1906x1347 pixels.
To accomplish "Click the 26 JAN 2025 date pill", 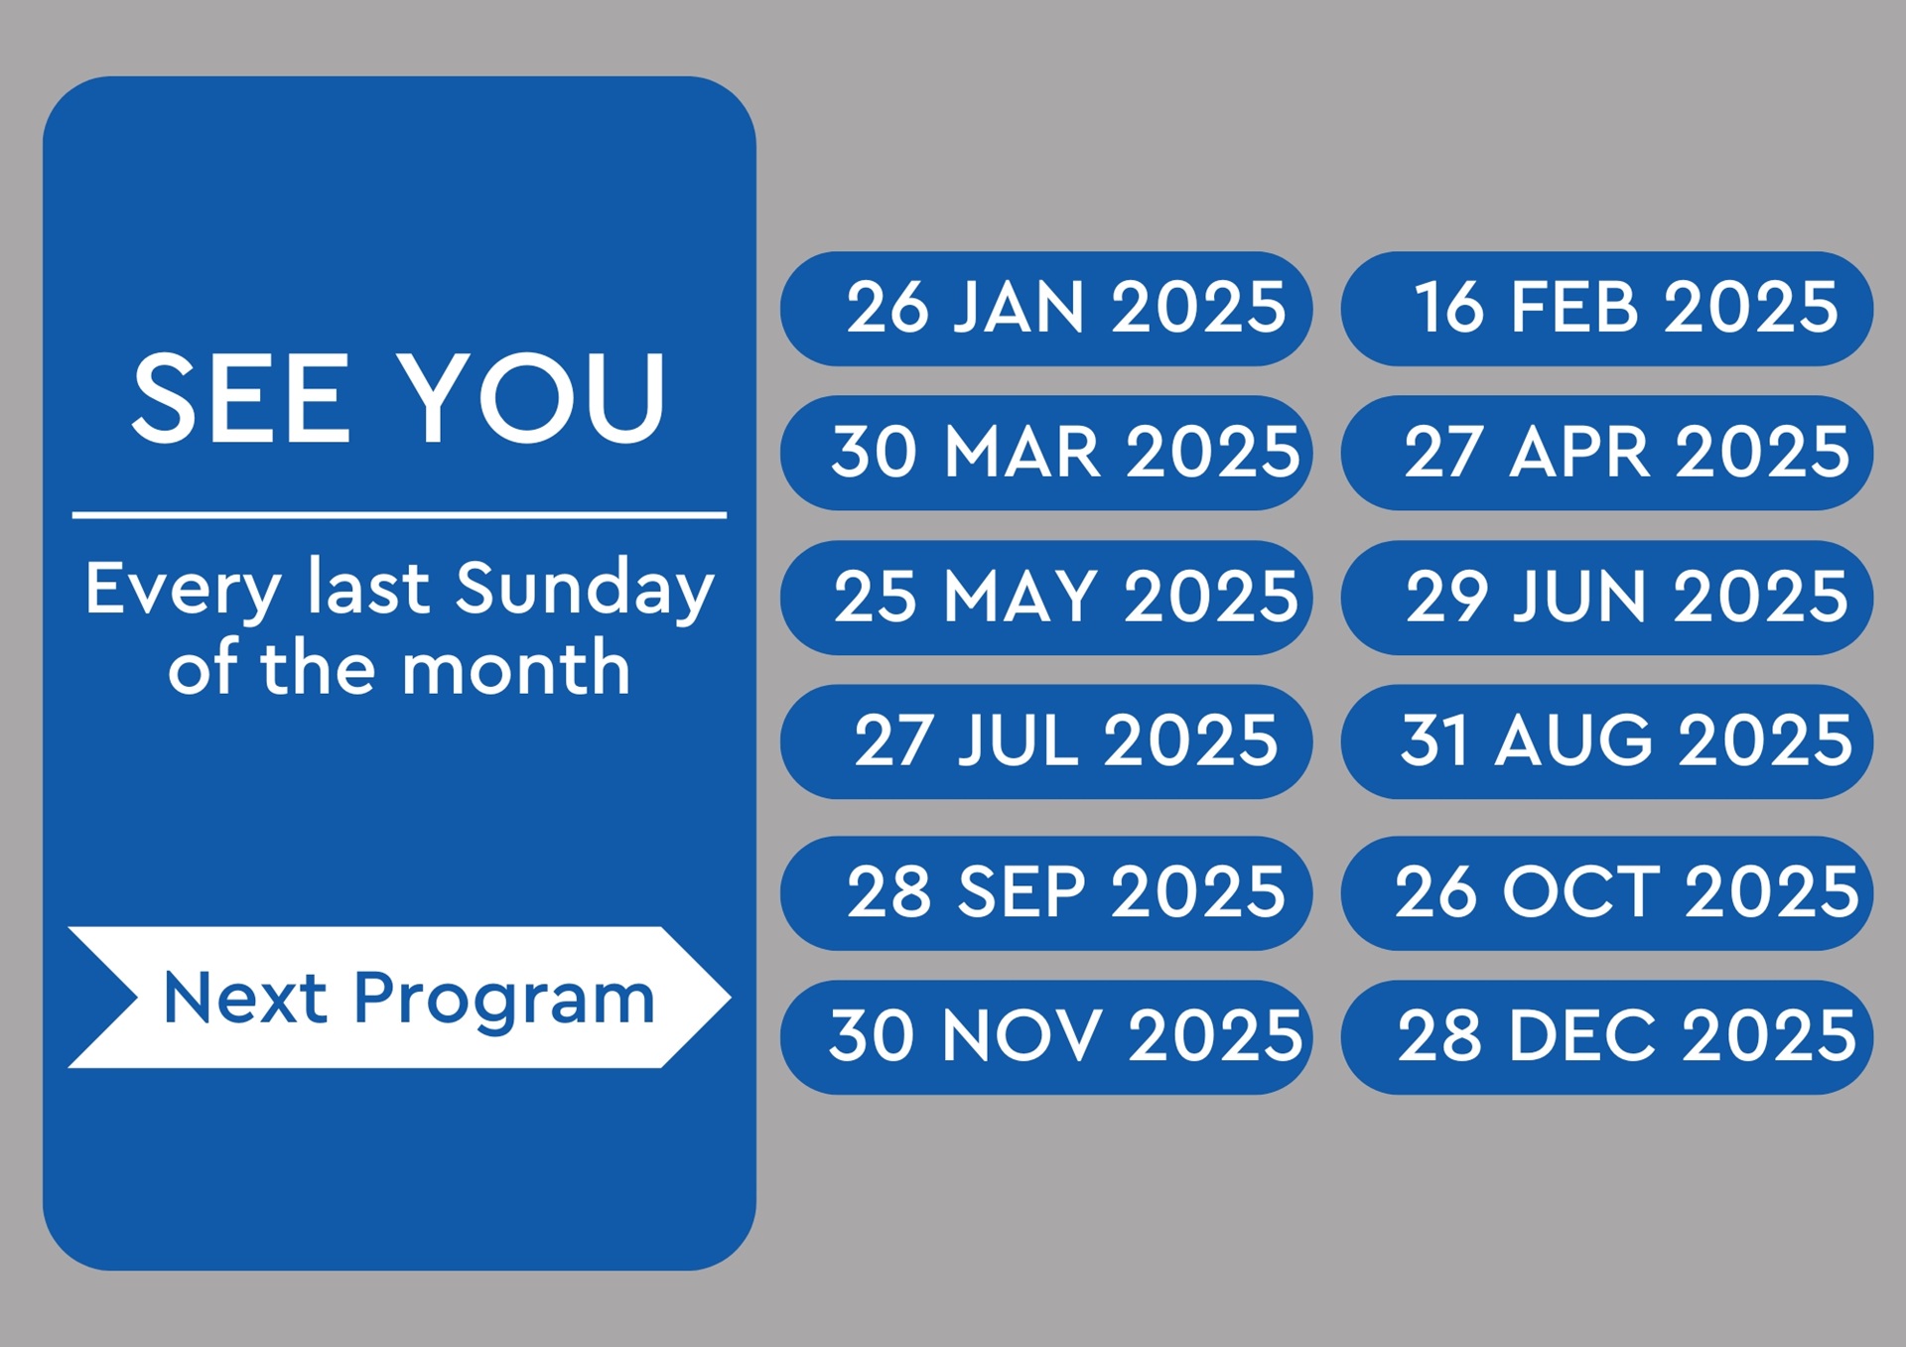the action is click(1046, 309).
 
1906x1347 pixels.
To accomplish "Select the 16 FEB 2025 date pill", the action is click(1606, 309).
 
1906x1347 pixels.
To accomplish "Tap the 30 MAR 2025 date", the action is click(1046, 453).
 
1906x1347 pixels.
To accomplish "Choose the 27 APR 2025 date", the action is click(1606, 453).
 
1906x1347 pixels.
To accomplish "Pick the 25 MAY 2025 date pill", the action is click(1046, 598).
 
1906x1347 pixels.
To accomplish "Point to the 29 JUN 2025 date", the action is click(1606, 598).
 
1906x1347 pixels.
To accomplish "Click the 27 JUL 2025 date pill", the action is click(1046, 741).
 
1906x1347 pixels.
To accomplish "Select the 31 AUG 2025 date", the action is click(1606, 741).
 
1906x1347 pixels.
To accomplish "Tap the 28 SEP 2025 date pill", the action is click(1046, 893).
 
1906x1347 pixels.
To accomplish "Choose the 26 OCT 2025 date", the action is click(1606, 893).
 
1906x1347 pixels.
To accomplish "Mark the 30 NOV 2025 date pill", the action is click(1046, 1037).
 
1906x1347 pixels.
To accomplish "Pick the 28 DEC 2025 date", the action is click(1606, 1037).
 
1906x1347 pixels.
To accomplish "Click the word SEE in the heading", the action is click(241, 399).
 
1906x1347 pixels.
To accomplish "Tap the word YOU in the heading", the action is click(531, 399).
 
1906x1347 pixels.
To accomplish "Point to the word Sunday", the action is click(585, 591).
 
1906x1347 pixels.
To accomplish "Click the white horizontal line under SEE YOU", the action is click(399, 515).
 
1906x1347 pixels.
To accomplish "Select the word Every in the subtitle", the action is click(183, 591).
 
